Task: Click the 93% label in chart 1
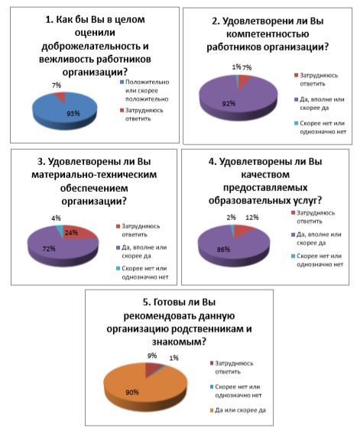click(x=73, y=113)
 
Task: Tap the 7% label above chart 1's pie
click(x=57, y=86)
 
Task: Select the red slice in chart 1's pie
click(x=60, y=98)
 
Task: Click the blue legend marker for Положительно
click(x=122, y=83)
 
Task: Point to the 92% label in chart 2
click(x=229, y=103)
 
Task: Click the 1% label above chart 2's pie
click(x=236, y=67)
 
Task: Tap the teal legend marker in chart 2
click(x=297, y=123)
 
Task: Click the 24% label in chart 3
click(x=71, y=233)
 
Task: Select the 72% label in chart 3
click(x=49, y=249)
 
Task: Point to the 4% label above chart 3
click(x=56, y=218)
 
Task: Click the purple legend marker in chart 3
click(x=118, y=248)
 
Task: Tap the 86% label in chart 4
click(x=223, y=249)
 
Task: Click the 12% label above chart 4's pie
click(x=252, y=218)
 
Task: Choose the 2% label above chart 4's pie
click(x=232, y=218)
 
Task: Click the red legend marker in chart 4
click(x=293, y=213)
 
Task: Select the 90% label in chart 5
click(x=132, y=392)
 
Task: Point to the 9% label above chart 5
click(x=152, y=355)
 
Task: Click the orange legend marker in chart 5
click(x=212, y=410)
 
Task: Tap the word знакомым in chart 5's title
click(x=179, y=342)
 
